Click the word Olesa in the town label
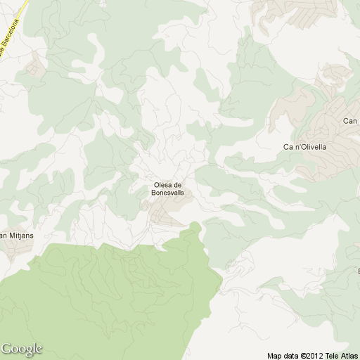pos(162,185)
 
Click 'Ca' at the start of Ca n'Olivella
pos(288,147)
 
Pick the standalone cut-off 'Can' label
pos(350,121)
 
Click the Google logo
pos(22,349)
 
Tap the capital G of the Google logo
pos(7,348)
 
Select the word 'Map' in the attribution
pos(275,355)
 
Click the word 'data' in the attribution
pos(292,355)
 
